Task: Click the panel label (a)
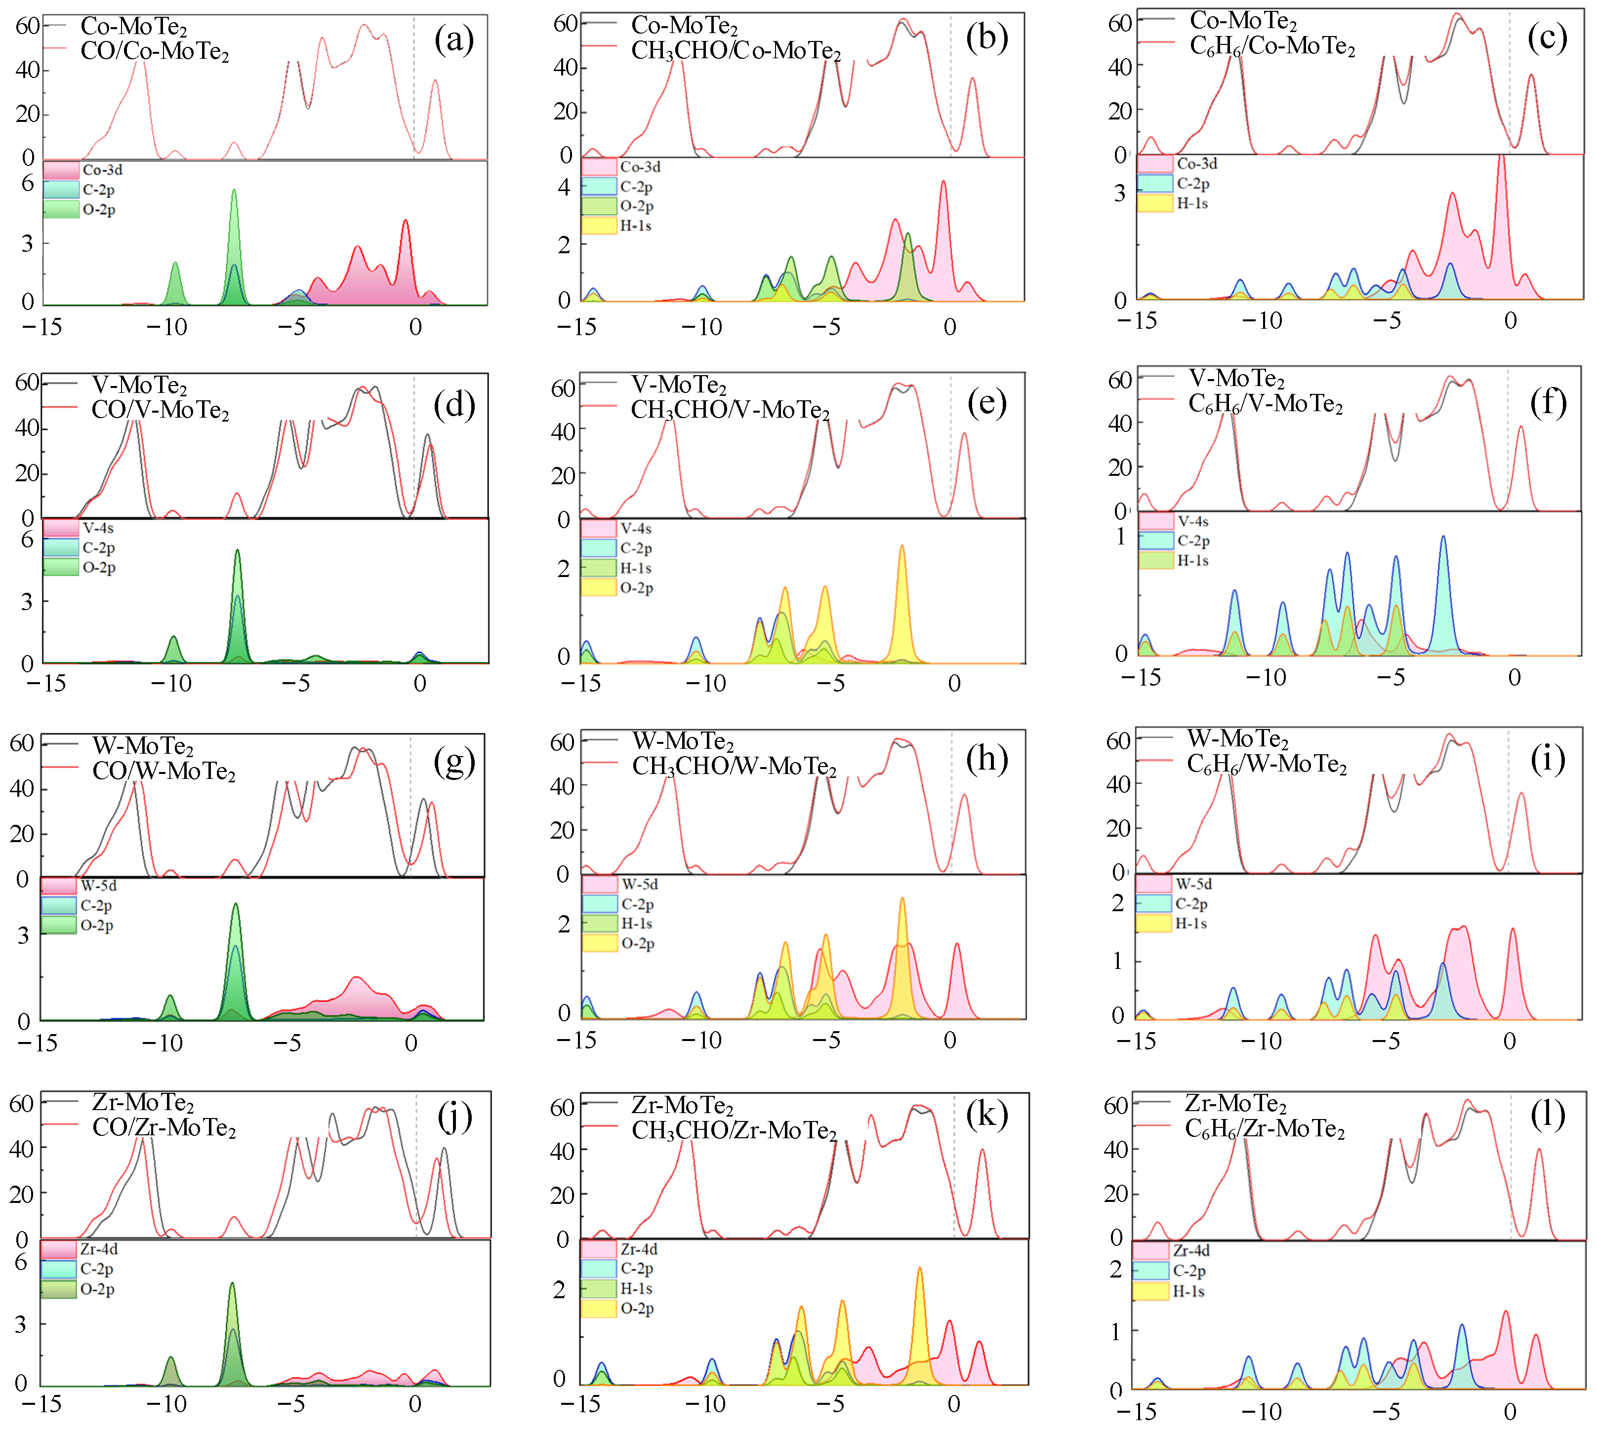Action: (453, 39)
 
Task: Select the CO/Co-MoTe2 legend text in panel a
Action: (154, 52)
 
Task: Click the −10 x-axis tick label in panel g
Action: (164, 1043)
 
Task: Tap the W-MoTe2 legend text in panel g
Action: (142, 746)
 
